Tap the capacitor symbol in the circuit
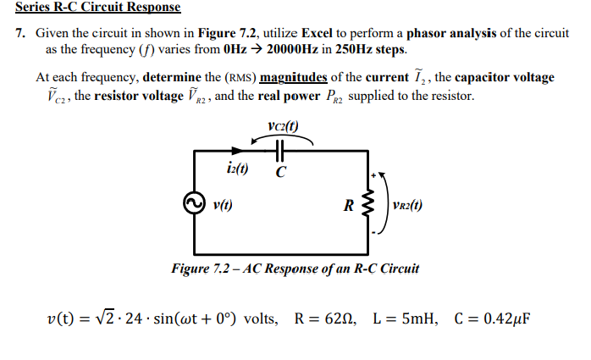pos(279,151)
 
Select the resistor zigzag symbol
pos(369,204)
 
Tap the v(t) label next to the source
pos(224,204)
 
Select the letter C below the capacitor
pos(280,172)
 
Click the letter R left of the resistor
pos(348,204)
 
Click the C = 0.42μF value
pos(492,319)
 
